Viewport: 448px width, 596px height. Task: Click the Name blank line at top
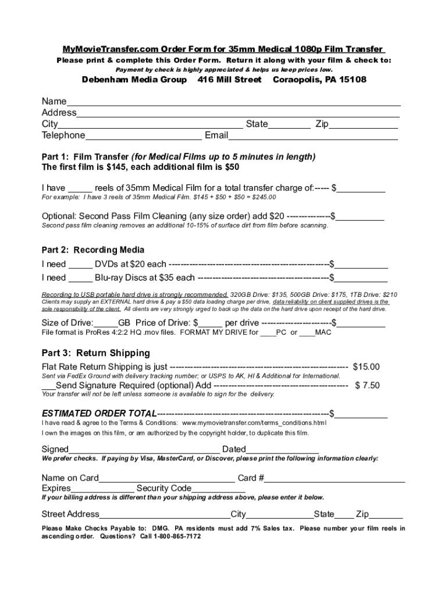click(233, 102)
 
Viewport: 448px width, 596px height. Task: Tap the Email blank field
click(313, 136)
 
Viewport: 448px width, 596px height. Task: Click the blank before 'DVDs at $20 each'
click(80, 264)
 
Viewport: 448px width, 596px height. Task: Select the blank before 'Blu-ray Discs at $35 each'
click(80, 278)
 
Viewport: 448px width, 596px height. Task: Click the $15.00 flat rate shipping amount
click(367, 367)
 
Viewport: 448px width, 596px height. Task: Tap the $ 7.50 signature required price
click(367, 385)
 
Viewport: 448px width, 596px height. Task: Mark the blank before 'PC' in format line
click(268, 333)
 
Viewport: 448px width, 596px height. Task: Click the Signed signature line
click(144, 450)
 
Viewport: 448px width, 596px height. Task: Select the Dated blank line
click(282, 450)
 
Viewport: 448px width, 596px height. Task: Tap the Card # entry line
click(335, 479)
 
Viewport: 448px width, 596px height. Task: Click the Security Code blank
click(218, 489)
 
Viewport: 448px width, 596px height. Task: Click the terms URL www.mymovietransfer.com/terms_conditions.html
click(254, 423)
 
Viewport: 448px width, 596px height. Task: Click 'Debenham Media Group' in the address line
click(134, 80)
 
